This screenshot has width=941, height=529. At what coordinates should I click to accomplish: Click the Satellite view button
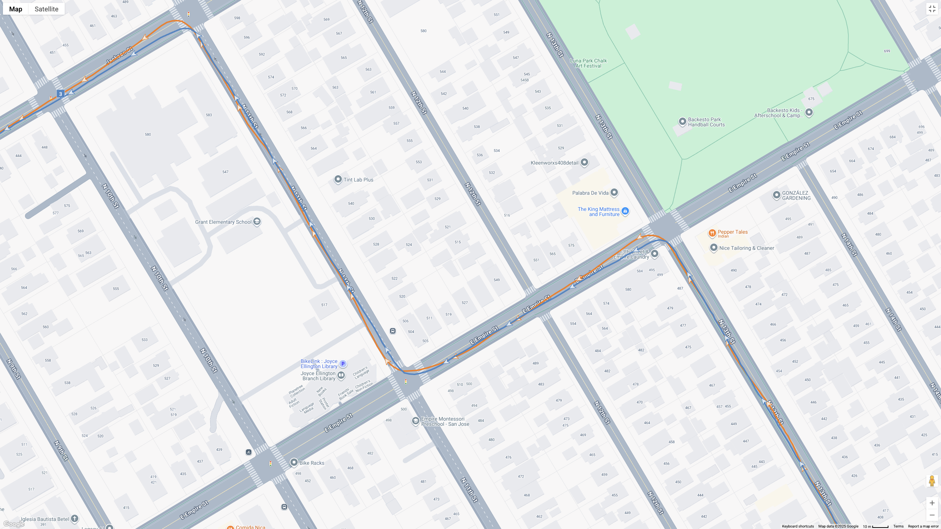tap(46, 9)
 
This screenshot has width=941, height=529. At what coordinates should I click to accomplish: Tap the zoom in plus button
tap(932, 503)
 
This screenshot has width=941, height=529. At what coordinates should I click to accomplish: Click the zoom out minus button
tap(932, 515)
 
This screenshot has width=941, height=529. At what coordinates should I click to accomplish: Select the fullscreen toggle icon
tap(932, 9)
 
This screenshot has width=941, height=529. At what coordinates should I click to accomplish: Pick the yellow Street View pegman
tap(932, 481)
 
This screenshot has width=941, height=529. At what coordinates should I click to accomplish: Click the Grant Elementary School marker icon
tap(257, 222)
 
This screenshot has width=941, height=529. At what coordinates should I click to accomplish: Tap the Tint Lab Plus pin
tap(338, 179)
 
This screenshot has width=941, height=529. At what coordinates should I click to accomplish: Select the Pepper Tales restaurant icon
tap(712, 233)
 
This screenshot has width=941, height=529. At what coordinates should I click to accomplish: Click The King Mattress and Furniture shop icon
tap(625, 211)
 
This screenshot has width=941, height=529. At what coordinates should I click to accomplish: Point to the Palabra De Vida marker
tap(614, 192)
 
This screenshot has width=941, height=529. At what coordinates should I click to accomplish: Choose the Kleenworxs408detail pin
tap(584, 162)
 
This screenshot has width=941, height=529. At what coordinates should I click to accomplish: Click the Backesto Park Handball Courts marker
tap(682, 122)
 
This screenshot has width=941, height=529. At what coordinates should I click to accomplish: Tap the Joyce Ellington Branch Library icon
tap(341, 375)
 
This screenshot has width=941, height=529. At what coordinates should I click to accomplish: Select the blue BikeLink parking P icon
tap(343, 364)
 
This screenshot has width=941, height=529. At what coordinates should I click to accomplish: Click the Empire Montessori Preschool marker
tap(415, 421)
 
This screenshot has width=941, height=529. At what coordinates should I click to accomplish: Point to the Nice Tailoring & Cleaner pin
tap(713, 248)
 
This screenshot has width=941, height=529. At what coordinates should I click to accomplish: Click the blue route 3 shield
tap(61, 94)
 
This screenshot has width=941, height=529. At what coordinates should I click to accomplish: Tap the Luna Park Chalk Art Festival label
tap(588, 63)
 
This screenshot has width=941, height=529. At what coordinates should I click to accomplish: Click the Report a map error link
tap(923, 526)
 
